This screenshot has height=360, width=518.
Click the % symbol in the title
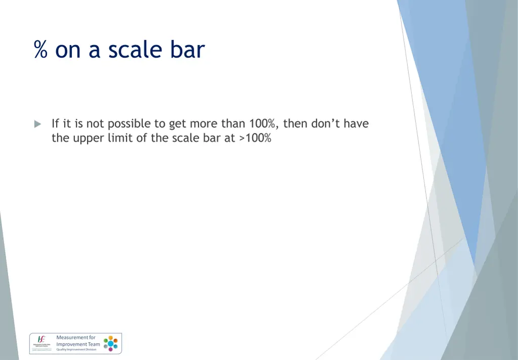coord(41,51)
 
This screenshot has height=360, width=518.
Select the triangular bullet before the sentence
coord(37,124)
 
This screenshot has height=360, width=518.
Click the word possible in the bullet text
coord(126,124)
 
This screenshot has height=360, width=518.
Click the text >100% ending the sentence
coord(255,138)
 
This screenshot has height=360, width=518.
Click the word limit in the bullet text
coord(118,138)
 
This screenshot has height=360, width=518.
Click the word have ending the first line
coord(356,124)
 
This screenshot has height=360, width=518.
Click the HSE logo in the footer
coord(41,339)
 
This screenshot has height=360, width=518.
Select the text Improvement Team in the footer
coord(78,344)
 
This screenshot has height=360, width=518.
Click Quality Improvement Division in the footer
coord(76,349)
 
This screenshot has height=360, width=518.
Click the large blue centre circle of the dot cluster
coord(110,343)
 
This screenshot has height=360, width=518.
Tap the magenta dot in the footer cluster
coord(110,349)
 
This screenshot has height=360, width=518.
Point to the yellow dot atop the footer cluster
coord(110,337)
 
